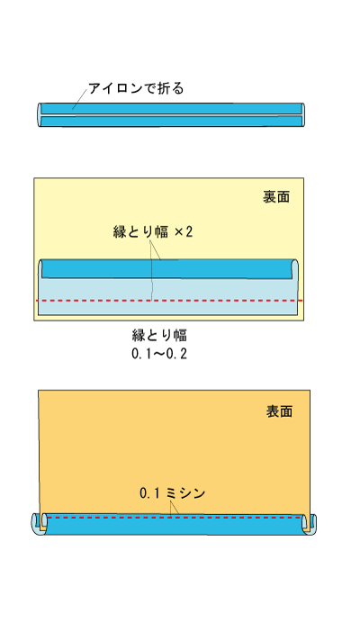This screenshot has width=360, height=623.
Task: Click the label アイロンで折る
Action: point(136,88)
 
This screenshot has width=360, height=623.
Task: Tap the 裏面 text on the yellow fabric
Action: point(276,196)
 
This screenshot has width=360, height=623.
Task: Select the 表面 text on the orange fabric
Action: point(279,411)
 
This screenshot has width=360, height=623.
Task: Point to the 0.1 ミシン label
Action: point(173,493)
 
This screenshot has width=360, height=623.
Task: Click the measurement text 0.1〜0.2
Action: point(159,354)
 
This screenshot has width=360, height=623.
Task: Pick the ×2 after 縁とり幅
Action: point(184,231)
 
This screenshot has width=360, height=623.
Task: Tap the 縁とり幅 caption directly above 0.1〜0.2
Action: point(159,336)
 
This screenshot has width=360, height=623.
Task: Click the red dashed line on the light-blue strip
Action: point(169,301)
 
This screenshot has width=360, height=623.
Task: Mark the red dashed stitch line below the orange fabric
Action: point(175,518)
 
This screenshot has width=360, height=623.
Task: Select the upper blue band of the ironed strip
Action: point(171,108)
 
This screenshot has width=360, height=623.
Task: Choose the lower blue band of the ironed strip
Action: point(171,122)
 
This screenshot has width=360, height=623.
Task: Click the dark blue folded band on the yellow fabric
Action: point(166,269)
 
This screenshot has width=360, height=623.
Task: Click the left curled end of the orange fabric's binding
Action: point(39,524)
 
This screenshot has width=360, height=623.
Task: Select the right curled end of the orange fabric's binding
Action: point(309,524)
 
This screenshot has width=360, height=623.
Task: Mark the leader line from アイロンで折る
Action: point(79,99)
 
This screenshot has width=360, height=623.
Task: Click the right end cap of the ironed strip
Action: point(302,115)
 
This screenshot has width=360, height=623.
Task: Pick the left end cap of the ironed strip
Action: point(40,115)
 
